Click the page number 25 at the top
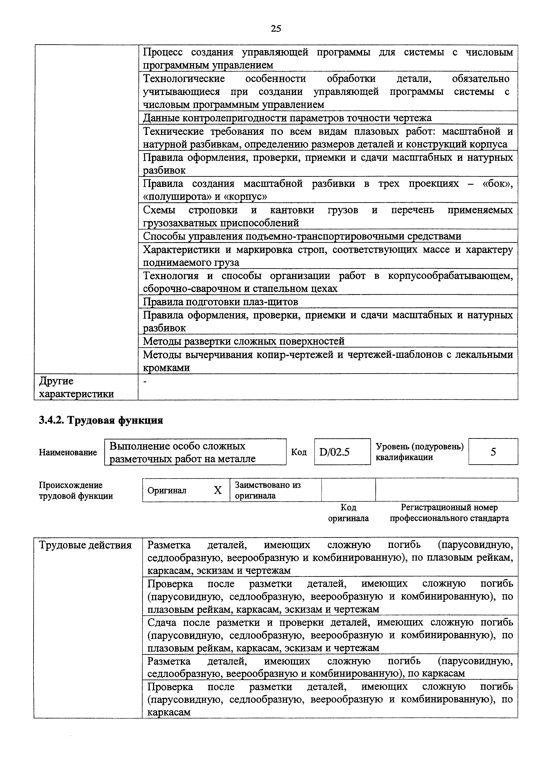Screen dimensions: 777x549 (x=276, y=29)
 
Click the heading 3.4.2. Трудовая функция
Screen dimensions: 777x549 (x=101, y=420)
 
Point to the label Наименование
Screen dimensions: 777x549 (x=68, y=453)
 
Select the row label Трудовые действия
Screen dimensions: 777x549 (x=85, y=545)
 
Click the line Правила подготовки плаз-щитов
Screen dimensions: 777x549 (x=221, y=301)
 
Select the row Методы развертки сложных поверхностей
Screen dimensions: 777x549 (x=244, y=341)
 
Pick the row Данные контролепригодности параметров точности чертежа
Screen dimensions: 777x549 (x=287, y=118)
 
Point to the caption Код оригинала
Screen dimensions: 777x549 (x=348, y=513)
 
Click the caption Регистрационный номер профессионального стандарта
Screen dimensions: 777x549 (x=449, y=513)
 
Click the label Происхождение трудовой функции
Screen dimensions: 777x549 (x=76, y=491)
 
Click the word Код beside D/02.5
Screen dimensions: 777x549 (x=299, y=452)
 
